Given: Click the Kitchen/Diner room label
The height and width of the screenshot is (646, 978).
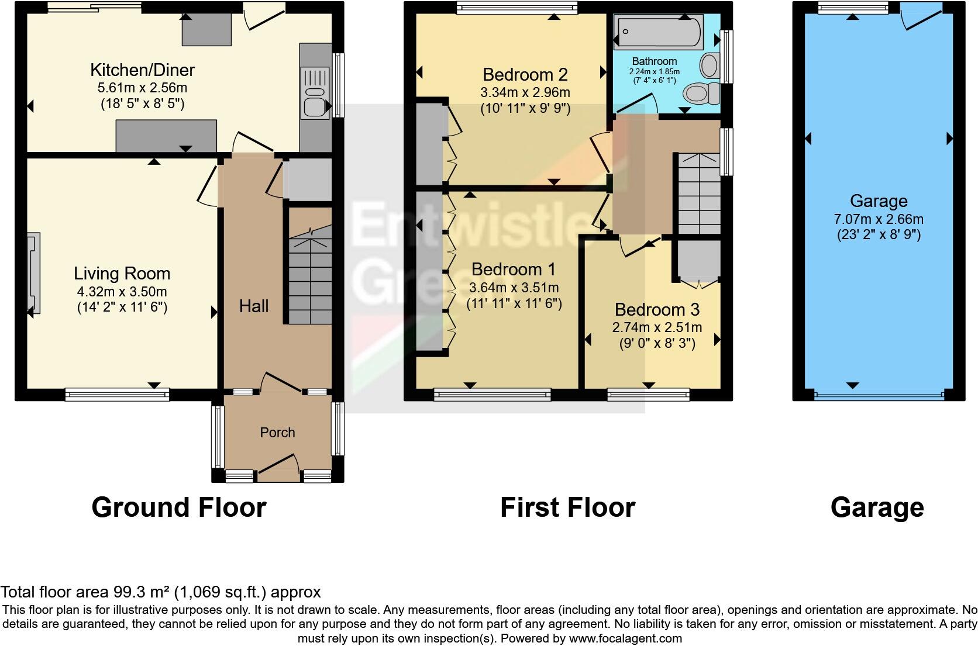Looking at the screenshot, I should [142, 70].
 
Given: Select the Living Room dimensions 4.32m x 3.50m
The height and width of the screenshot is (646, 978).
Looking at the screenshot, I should [122, 291].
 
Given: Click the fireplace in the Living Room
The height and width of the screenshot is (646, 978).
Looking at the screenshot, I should [34, 273].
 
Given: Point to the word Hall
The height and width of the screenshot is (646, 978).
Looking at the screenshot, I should [253, 306].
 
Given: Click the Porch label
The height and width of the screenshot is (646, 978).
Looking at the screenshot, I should [277, 433].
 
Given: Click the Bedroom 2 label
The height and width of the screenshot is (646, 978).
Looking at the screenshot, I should [525, 75].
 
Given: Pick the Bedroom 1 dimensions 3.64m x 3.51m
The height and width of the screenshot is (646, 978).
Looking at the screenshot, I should [514, 288].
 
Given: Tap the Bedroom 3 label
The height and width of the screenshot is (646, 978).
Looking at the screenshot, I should [657, 309].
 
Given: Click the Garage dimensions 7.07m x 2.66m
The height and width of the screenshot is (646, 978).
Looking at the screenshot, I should [878, 220].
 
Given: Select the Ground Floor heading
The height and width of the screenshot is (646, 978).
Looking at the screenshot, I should [179, 507].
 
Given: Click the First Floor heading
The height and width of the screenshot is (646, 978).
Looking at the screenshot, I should [567, 507].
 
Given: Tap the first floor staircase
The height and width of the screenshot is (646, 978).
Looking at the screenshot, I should [698, 193].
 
